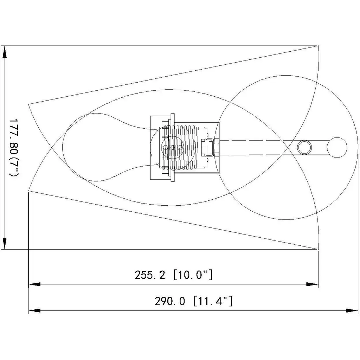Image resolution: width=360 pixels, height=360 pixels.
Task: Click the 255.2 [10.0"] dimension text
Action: point(174,275)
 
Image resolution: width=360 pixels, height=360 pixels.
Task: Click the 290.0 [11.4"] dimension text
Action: point(194,301)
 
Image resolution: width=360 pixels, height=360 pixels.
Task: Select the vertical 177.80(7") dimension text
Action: point(14,147)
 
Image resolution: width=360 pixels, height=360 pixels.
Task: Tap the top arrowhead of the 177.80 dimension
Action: point(4,52)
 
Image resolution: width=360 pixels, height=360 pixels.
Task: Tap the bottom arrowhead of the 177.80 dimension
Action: point(4,243)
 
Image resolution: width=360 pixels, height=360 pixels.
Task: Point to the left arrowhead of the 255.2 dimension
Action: point(34,284)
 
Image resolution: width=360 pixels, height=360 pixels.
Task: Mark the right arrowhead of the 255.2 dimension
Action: point(313,284)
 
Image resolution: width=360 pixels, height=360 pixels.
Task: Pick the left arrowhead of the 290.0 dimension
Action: point(34,310)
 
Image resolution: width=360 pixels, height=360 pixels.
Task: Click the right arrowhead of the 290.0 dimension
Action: point(352,310)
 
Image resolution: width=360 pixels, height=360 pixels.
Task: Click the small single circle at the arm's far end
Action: point(337,147)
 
